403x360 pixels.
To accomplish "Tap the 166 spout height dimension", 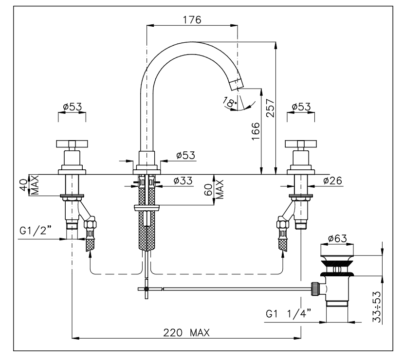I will click(257, 131).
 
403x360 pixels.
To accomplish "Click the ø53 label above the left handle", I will click(72, 107).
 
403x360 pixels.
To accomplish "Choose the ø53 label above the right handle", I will click(301, 107).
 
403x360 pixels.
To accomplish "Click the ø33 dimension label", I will click(183, 181).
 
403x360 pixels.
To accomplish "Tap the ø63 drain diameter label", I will click(337, 238).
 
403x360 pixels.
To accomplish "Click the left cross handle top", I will click(72, 144).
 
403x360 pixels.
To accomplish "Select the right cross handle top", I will click(301, 144).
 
